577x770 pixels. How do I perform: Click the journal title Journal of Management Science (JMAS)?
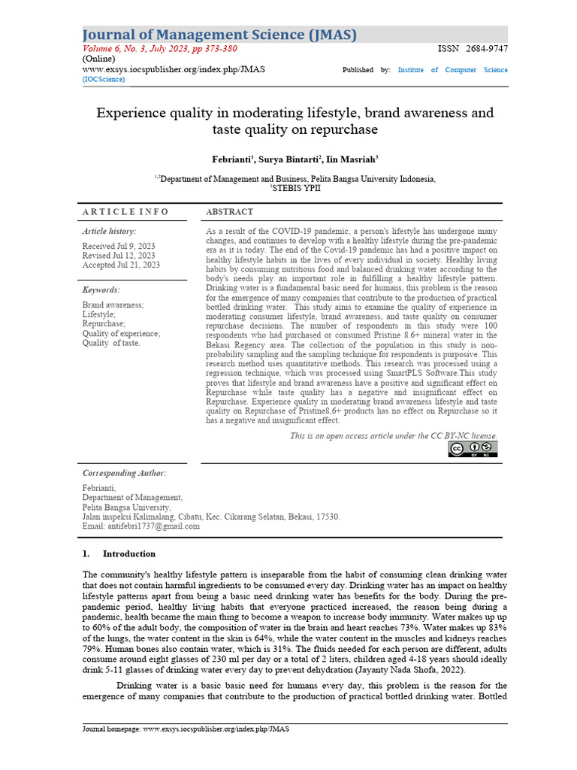coord(219,35)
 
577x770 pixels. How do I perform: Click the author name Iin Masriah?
coord(352,159)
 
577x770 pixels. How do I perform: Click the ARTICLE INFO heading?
coord(125,212)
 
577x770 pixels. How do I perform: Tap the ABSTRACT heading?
coord(229,212)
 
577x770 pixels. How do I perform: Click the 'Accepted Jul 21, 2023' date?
coord(121,265)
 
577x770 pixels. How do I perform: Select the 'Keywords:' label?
coord(101,290)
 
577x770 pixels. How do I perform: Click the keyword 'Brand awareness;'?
coord(113,305)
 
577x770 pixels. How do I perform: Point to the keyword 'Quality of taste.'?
coord(111,343)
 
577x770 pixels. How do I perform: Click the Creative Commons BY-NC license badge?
coord(473,449)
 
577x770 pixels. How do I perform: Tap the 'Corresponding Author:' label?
coord(124,473)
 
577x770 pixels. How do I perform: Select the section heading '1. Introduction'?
coord(119,554)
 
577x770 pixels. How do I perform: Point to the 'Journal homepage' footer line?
coord(186,729)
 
